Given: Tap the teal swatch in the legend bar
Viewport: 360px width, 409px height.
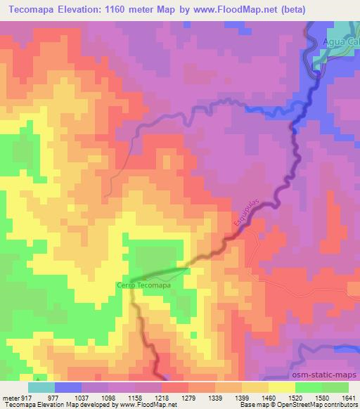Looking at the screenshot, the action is (x=41, y=386).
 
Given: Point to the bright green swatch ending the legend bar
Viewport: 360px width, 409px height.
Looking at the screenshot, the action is (x=335, y=386).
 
